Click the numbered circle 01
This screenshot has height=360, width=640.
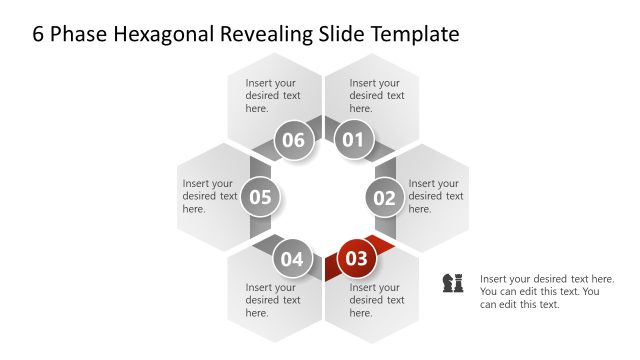tap(354, 140)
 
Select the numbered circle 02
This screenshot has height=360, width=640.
tap(385, 198)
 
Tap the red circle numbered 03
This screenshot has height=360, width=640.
tap(356, 259)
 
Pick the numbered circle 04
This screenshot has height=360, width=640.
tap(291, 259)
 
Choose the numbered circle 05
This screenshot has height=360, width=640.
tap(260, 197)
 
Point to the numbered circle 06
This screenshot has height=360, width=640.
tap(292, 140)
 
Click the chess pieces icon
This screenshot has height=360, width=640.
tap(453, 283)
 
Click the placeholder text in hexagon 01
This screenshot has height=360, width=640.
tap(377, 96)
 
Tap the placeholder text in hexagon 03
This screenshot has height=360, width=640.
tap(377, 300)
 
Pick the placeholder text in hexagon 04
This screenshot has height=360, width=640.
tap(273, 300)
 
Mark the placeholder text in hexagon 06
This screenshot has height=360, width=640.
tap(273, 96)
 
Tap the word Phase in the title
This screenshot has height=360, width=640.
tap(74, 34)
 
